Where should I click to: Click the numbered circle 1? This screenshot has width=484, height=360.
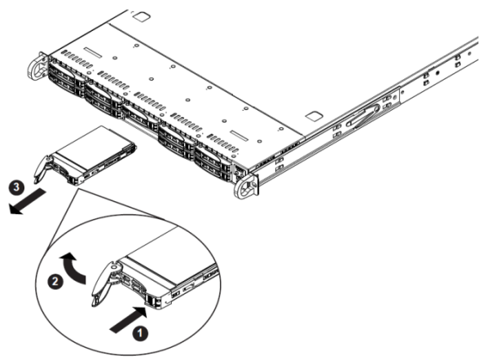point(140,333)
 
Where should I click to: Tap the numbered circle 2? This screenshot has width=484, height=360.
point(55,281)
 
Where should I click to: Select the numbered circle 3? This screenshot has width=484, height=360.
point(16,187)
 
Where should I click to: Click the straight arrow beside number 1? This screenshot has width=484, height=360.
point(129,320)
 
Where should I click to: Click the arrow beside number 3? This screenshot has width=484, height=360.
point(27,202)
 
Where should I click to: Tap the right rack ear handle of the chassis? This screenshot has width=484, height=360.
point(245,187)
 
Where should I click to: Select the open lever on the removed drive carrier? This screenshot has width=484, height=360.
point(42,169)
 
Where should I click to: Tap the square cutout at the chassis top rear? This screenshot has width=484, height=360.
point(142,16)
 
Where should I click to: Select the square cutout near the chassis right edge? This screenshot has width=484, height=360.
point(315,116)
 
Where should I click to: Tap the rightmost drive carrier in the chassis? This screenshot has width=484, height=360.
point(213,162)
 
